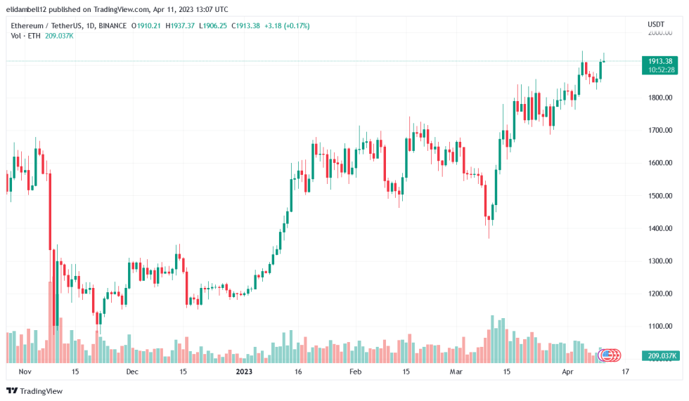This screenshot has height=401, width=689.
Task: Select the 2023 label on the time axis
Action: pos(243,372)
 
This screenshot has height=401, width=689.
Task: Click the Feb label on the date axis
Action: pos(355,372)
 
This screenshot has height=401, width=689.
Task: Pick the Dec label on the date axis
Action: pos(132,372)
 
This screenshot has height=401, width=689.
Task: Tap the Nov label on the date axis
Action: pos(25,372)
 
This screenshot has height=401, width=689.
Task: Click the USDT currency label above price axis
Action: pos(656,25)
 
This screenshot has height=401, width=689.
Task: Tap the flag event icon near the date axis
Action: pos(607,355)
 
